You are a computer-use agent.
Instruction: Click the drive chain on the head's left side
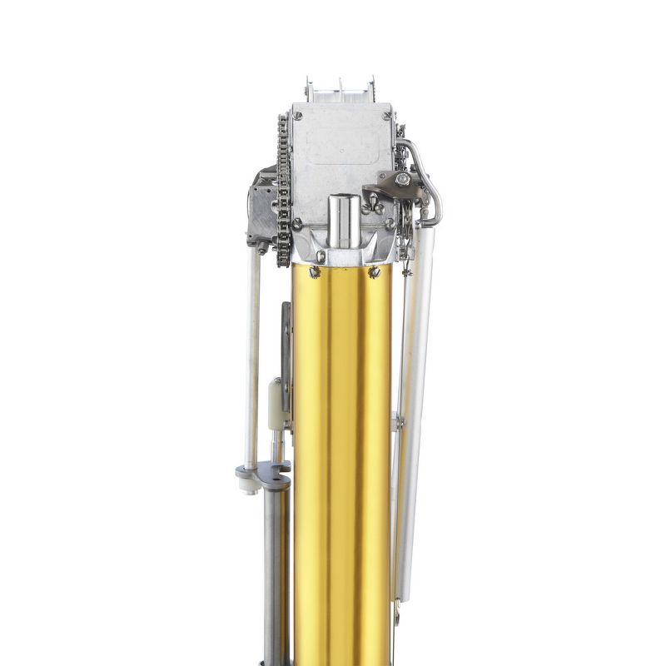(x=283, y=191)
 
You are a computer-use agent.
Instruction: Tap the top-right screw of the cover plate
(x=389, y=114)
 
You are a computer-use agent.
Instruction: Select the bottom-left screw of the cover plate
(x=297, y=223)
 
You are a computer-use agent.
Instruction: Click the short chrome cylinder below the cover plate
(x=342, y=221)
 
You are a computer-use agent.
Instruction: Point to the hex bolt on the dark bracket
(x=402, y=179)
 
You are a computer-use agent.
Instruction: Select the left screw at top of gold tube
(x=315, y=271)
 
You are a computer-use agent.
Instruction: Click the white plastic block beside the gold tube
(x=276, y=405)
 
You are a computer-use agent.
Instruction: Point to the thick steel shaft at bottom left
(x=273, y=574)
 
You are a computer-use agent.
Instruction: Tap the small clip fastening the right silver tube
(x=398, y=422)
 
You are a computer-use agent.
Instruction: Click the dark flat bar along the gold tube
(x=286, y=358)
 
